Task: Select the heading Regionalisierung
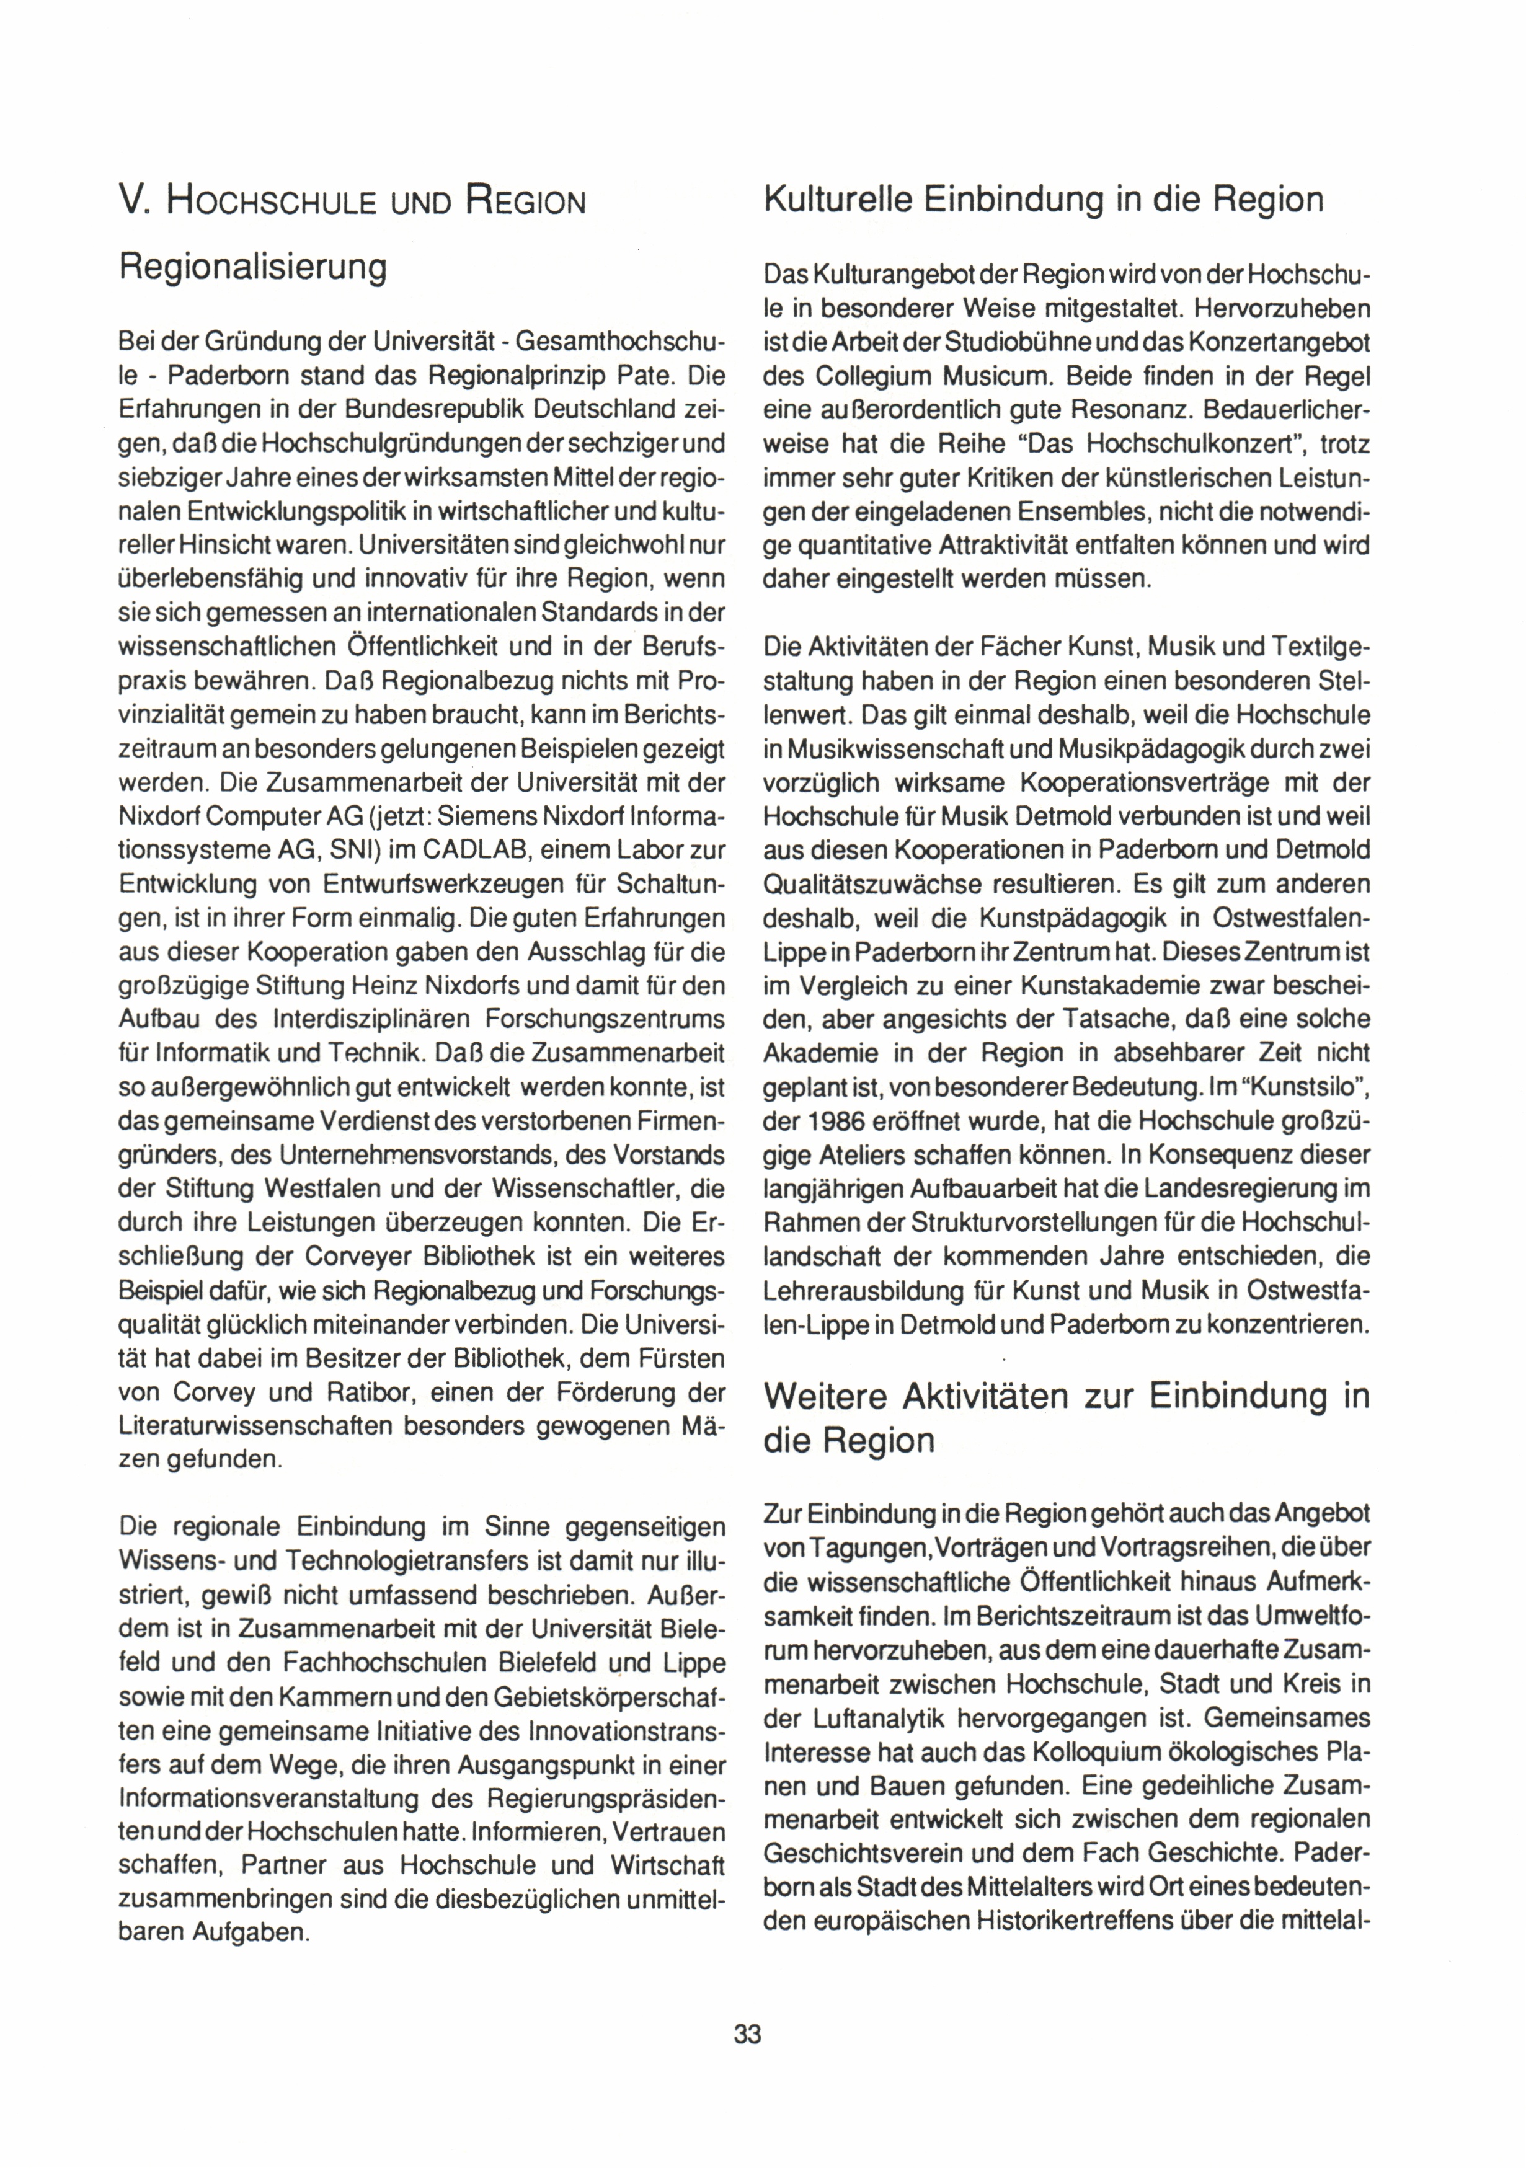pos(252,268)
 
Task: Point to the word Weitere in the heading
pos(827,1397)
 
